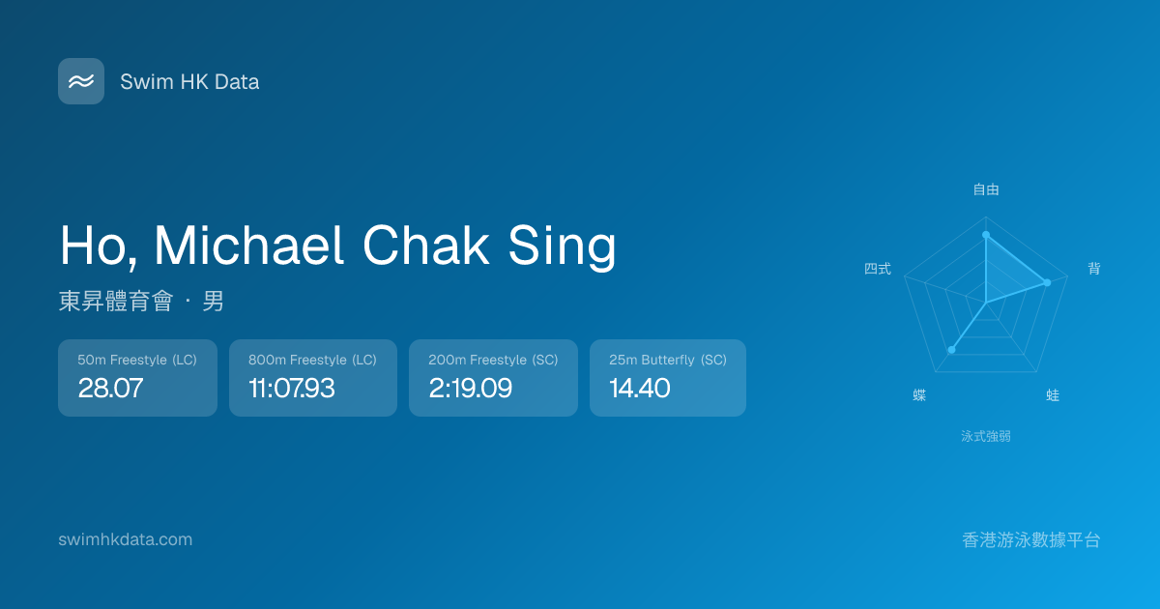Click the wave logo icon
(81, 81)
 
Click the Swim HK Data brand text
(189, 82)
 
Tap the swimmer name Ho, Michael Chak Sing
(337, 246)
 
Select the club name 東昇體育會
(116, 301)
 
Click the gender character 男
(213, 301)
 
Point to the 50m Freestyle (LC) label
(137, 360)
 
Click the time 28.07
(110, 388)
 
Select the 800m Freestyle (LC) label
(312, 360)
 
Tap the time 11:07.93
(292, 388)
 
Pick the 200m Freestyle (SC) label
(493, 360)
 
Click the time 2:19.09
(470, 388)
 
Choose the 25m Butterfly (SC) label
(668, 360)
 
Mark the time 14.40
(640, 388)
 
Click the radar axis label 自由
(986, 189)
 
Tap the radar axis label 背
(1094, 269)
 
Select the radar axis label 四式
(878, 269)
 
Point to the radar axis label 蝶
(919, 395)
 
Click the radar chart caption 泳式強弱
(986, 436)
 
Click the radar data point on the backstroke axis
(1047, 282)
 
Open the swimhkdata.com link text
(126, 539)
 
